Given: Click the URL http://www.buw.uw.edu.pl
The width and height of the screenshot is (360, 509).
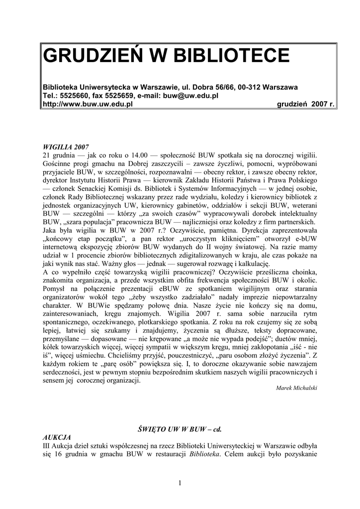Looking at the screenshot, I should click(88, 104).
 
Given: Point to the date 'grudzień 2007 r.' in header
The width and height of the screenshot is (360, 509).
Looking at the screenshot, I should click(305, 104).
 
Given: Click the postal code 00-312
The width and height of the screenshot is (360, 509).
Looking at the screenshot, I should click(252, 87).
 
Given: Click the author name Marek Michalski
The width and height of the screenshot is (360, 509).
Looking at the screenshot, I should click(296, 388).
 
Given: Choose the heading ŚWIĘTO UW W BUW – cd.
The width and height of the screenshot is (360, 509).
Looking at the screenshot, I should click(180, 428).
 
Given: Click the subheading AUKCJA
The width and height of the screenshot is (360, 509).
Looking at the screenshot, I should click(57, 436).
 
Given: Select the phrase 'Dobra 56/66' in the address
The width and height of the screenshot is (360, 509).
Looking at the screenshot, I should click(215, 87).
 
